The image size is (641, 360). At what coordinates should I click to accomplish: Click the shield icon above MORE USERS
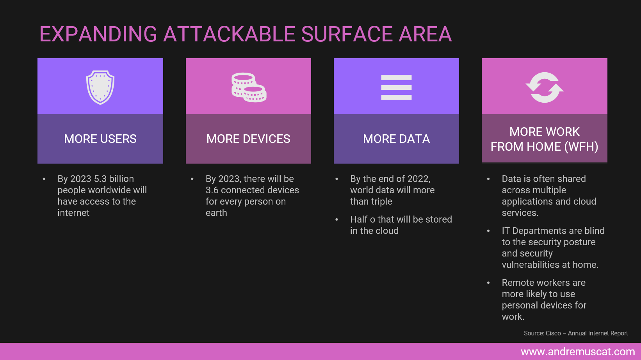tap(100, 87)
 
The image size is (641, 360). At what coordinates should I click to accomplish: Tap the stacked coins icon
tap(249, 87)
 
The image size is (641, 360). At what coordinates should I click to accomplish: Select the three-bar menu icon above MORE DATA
tap(396, 87)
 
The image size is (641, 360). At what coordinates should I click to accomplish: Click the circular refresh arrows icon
tap(545, 87)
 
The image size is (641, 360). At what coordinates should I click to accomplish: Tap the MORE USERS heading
tap(100, 139)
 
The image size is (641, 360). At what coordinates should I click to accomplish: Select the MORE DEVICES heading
tap(248, 139)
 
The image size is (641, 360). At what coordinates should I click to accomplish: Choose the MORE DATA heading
tap(396, 139)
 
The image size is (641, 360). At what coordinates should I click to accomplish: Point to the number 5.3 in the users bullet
tap(100, 179)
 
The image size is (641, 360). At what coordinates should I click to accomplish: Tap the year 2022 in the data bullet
tap(418, 179)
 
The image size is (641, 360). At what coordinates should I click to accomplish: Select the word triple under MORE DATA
tap(381, 201)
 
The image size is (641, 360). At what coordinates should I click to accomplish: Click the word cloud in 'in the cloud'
tap(387, 231)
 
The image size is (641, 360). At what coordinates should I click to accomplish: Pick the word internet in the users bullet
tap(73, 213)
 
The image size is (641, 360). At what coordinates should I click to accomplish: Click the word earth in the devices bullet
tap(216, 213)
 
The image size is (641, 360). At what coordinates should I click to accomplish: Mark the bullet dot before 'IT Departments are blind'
tap(488, 231)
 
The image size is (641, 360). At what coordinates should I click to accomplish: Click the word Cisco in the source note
tap(553, 333)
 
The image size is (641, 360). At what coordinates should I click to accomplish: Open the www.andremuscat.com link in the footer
tap(578, 352)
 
